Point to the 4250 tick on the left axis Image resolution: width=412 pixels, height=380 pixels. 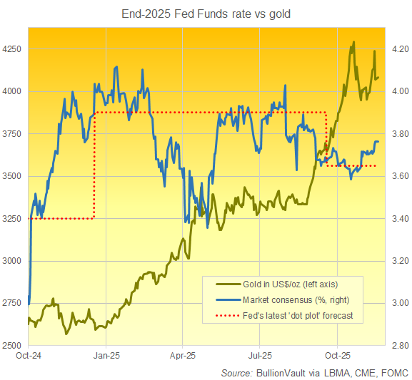13,49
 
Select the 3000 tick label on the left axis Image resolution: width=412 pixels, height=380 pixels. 13,261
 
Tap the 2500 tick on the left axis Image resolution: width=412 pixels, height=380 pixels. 13,346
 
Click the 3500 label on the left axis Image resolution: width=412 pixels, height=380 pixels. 13,176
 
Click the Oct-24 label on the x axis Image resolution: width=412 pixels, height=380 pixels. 29,355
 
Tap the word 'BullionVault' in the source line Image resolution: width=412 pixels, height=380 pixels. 280,372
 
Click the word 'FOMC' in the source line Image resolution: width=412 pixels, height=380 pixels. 393,372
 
